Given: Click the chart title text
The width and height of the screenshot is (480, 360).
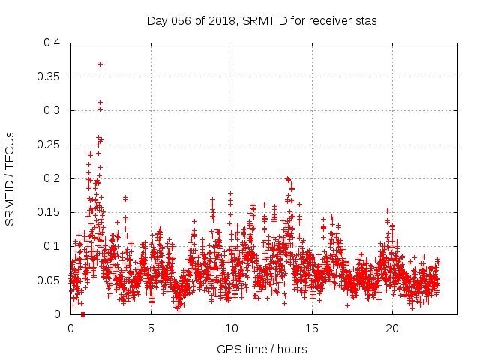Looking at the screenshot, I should (261, 20).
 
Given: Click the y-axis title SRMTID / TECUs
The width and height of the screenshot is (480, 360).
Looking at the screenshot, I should (10, 180).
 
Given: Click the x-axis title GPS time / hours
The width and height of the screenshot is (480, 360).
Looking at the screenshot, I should (262, 349).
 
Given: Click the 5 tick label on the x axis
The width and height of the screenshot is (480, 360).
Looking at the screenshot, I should (151, 328).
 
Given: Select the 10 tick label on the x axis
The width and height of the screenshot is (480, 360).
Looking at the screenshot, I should (232, 328).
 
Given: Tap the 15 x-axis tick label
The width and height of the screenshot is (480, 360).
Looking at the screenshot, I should (312, 328).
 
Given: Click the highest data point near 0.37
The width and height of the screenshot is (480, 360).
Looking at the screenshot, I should (100, 64).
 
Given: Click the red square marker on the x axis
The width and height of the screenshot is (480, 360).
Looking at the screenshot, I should (82, 313).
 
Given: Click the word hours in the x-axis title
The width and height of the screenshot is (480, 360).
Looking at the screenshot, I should (291, 349).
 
